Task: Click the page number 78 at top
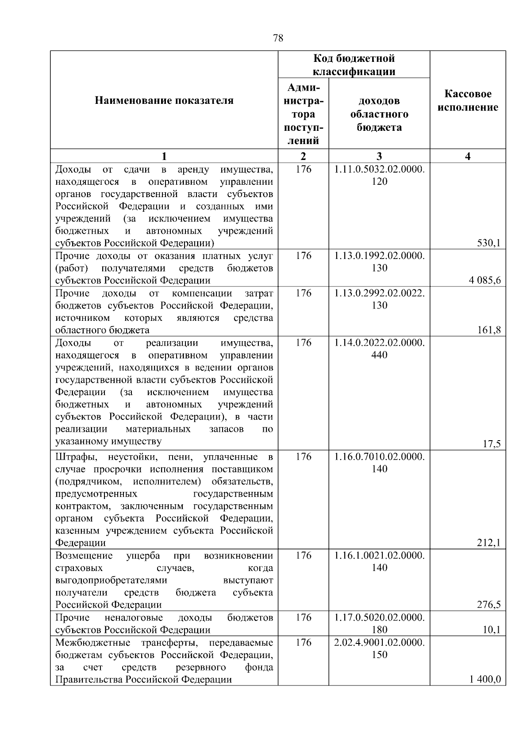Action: tap(278, 38)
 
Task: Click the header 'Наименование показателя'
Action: tap(164, 101)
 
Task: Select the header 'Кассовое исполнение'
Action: tap(468, 101)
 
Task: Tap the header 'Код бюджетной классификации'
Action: tap(354, 65)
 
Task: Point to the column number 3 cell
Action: tap(379, 156)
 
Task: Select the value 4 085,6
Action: tap(485, 280)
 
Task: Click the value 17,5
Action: tap(492, 444)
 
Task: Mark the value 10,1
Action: tap(492, 630)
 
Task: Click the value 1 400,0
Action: tap(485, 679)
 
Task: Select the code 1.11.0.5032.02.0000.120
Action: tap(379, 175)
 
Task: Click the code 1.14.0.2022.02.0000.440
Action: tap(379, 349)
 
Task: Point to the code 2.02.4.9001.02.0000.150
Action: tap(379, 648)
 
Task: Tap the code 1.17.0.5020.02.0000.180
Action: tap(379, 623)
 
